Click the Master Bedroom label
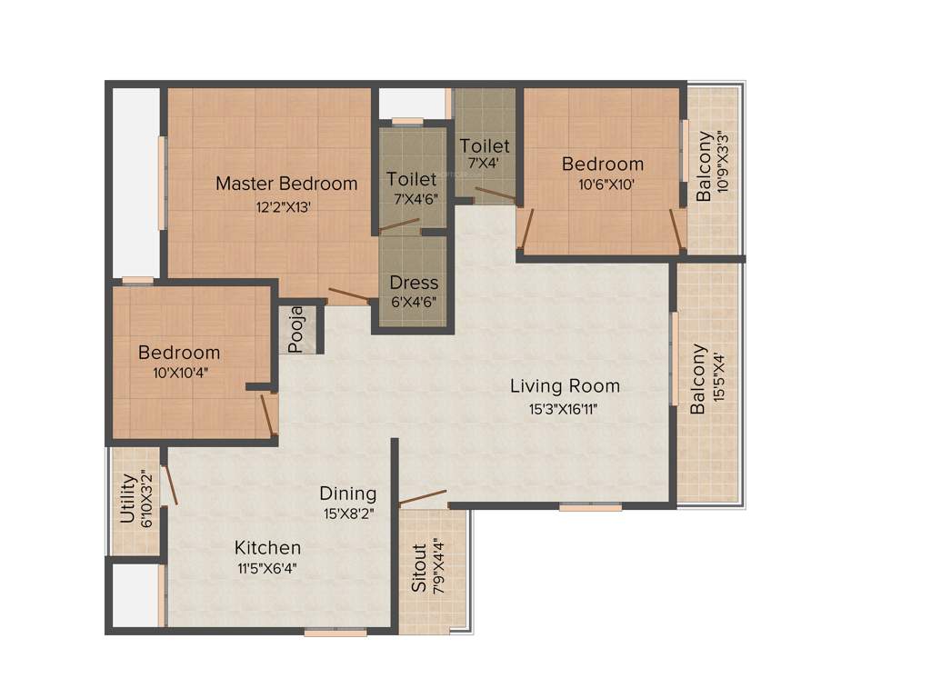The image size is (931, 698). [286, 184]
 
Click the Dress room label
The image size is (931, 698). [414, 283]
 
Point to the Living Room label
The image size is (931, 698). [565, 386]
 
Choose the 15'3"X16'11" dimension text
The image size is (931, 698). [564, 408]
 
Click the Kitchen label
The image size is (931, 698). [267, 548]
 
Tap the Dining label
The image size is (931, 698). [347, 494]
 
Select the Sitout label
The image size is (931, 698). [419, 568]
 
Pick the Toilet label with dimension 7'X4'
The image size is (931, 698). [485, 145]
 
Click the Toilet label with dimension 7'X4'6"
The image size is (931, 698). [412, 179]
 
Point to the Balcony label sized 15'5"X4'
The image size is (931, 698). [698, 379]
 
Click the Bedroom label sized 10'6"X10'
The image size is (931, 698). [602, 165]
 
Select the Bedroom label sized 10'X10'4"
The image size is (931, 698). [179, 353]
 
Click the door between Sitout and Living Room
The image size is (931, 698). [423, 497]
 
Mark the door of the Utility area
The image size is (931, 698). [170, 485]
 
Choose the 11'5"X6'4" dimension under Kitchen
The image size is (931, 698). [266, 569]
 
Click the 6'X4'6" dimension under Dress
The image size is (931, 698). [414, 302]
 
